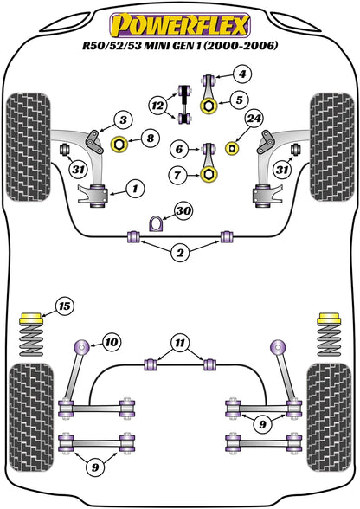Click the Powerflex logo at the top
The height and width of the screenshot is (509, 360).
(x=179, y=20)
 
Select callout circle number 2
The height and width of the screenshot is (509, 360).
(x=179, y=254)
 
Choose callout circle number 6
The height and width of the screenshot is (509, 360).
(x=178, y=150)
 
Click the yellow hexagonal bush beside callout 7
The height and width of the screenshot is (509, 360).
(x=209, y=176)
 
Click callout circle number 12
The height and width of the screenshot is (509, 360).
(x=157, y=106)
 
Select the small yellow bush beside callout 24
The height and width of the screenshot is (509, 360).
(x=231, y=146)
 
